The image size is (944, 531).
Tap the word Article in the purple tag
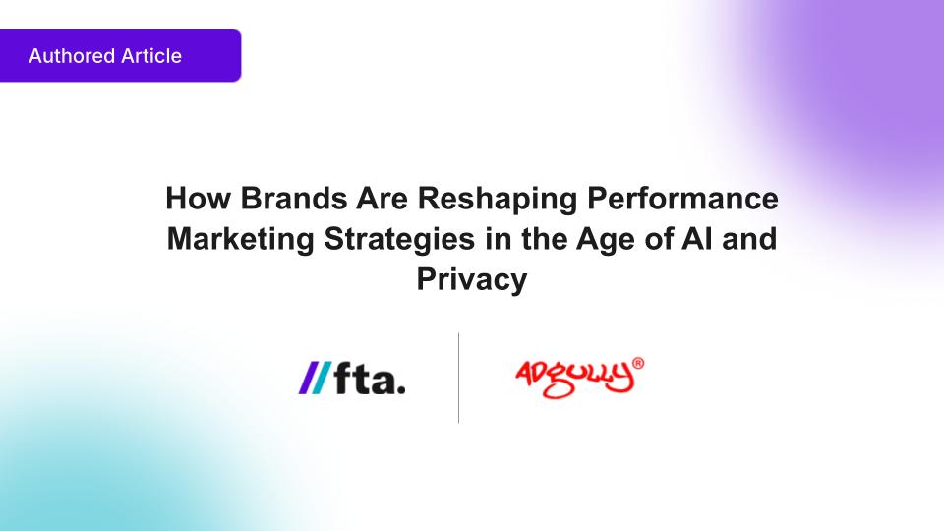pyautogui.click(x=151, y=56)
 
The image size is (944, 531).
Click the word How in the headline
pyautogui.click(x=198, y=198)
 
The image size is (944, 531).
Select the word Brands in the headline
pyautogui.click(x=294, y=198)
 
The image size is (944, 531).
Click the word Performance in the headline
pyautogui.click(x=682, y=198)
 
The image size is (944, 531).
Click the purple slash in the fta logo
pyautogui.click(x=308, y=378)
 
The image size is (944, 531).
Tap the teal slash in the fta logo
pyautogui.click(x=321, y=378)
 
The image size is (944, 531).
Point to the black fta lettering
pyautogui.click(x=370, y=378)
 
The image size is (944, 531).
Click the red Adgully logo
pyautogui.click(x=575, y=379)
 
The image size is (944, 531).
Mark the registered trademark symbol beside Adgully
pyautogui.click(x=638, y=363)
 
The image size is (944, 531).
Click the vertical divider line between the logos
pyautogui.click(x=459, y=378)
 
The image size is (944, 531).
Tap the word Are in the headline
pyautogui.click(x=383, y=198)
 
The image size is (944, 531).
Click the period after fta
pyautogui.click(x=401, y=390)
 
